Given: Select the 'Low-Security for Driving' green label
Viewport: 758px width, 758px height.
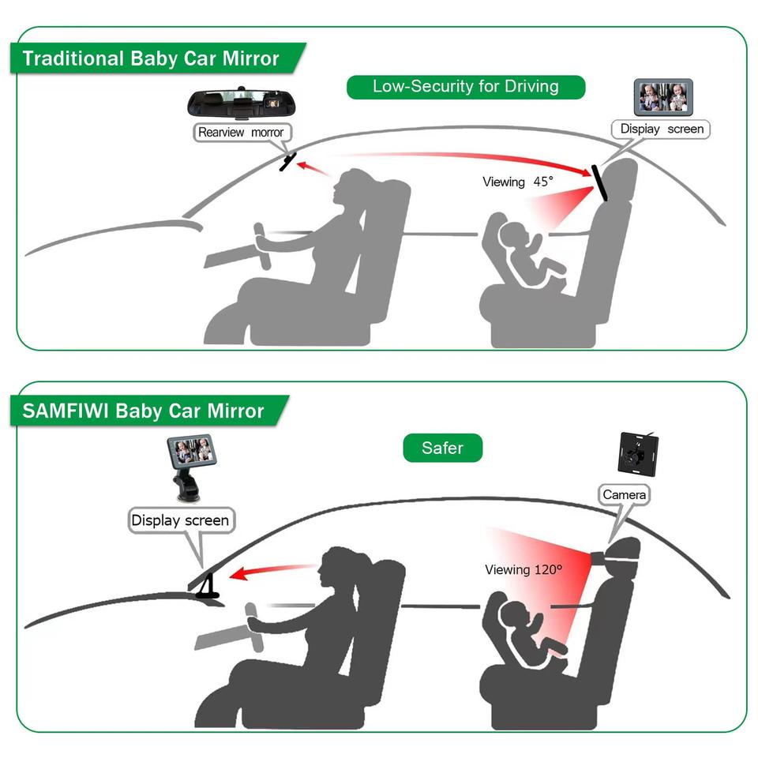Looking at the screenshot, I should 466,87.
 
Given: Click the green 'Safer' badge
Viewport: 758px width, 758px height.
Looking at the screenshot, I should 442,448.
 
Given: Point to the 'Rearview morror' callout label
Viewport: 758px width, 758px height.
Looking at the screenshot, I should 241,132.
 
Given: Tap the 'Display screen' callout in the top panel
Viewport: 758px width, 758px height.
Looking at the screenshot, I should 661,129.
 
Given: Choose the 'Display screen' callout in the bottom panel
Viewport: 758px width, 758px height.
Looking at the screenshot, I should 180,520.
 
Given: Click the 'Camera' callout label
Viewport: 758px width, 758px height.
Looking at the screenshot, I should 624,495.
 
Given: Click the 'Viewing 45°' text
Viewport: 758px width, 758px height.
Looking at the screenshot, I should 518,182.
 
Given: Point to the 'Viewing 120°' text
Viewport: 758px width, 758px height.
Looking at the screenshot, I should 523,568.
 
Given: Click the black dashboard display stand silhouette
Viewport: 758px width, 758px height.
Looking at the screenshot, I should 207,586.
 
